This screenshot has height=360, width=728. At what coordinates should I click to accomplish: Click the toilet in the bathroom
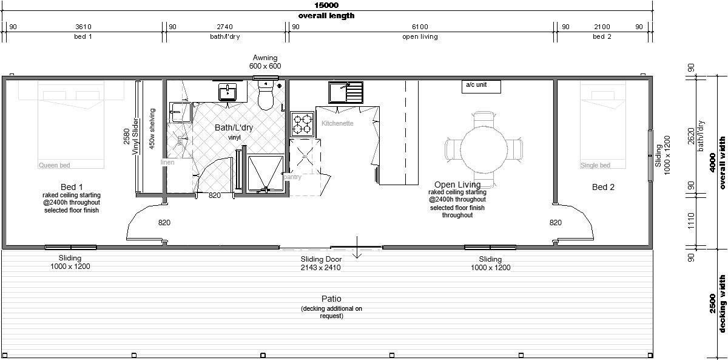click(266, 94)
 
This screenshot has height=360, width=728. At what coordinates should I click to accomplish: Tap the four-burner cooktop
click(302, 124)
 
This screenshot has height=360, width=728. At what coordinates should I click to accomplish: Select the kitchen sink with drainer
click(345, 92)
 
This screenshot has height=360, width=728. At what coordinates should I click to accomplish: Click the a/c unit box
click(481, 86)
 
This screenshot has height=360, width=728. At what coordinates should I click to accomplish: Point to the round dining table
click(484, 149)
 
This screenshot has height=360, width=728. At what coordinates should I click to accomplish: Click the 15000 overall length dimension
click(326, 5)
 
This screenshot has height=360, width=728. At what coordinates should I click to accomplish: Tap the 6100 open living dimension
click(420, 27)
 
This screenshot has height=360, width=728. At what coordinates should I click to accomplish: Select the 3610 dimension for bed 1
click(83, 27)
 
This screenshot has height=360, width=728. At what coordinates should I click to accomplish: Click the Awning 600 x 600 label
click(265, 62)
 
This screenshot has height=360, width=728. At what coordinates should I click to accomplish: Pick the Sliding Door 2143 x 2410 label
click(321, 263)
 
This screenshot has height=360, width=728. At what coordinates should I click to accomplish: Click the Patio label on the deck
click(331, 299)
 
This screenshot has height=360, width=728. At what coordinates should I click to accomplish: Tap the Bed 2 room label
click(603, 187)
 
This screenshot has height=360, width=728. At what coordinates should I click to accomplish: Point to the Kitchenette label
click(337, 123)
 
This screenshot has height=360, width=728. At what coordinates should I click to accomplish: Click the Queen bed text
click(54, 165)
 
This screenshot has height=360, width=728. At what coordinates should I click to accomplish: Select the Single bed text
click(595, 165)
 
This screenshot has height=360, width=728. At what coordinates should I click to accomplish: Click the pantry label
click(292, 177)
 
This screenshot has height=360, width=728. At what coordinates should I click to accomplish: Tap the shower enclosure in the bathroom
click(266, 174)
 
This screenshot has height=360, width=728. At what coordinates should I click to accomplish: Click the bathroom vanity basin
click(228, 92)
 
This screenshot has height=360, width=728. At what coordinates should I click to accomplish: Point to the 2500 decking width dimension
click(712, 304)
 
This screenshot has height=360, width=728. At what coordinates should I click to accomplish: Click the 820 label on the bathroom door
click(215, 195)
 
